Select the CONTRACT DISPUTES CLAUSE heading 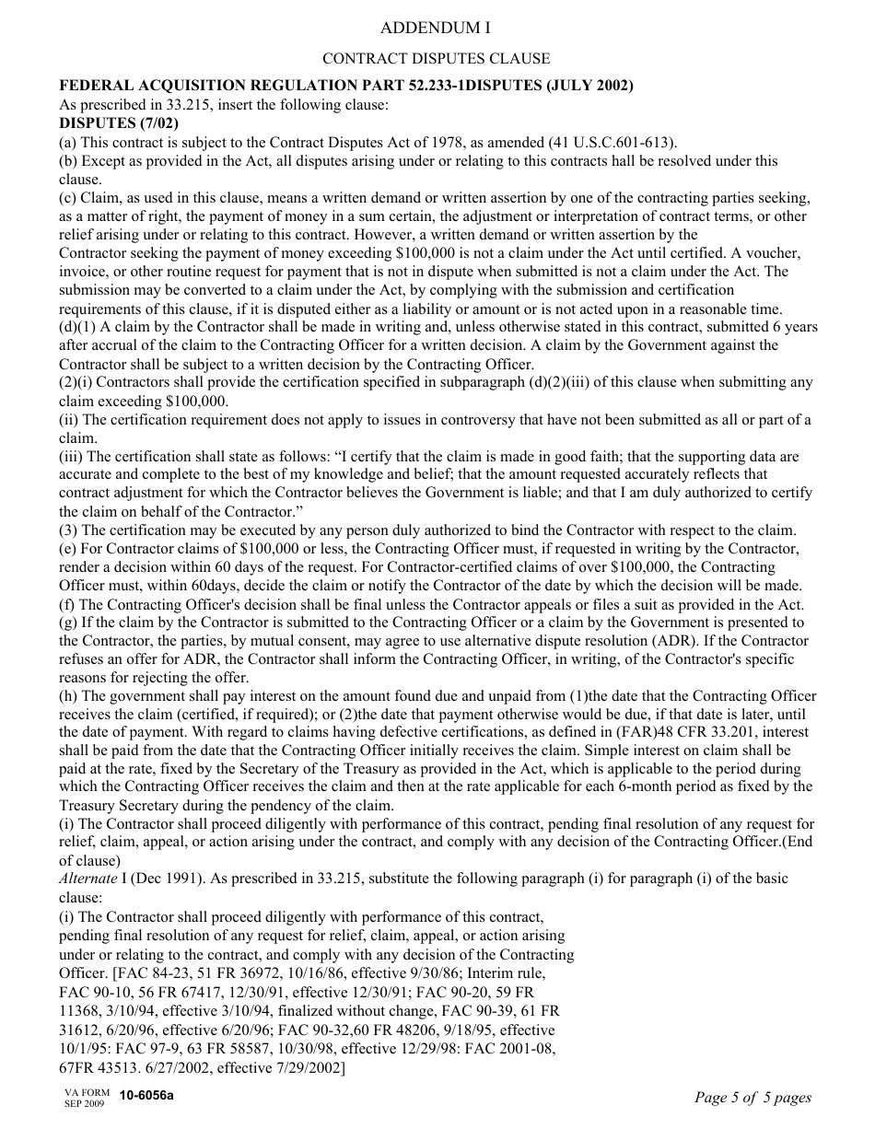coord(437,59)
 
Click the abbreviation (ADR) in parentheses coord(656,640)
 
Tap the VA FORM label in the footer coord(87,1092)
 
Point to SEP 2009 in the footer coord(84,1103)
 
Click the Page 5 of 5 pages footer coord(752,1097)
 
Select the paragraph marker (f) coord(68,604)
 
